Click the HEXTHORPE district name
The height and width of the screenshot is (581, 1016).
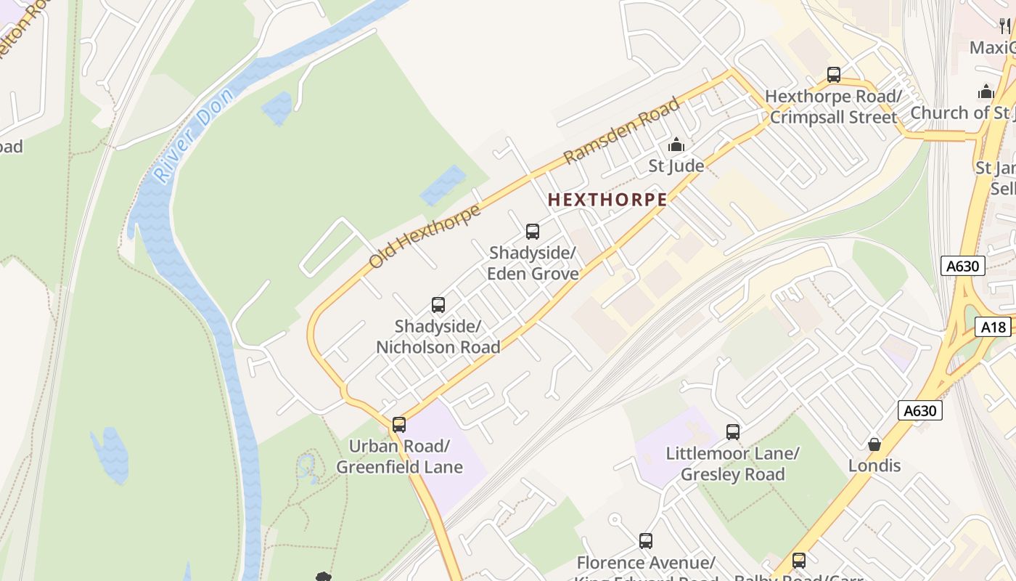click(607, 200)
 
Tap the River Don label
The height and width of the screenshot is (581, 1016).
click(194, 134)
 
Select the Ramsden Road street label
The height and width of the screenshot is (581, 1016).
click(622, 130)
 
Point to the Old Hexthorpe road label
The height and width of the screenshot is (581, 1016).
click(425, 236)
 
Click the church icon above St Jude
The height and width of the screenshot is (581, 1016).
click(676, 145)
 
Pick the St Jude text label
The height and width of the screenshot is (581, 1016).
click(676, 166)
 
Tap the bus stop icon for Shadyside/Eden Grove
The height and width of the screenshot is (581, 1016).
click(533, 232)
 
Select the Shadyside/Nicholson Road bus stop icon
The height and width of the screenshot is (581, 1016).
click(438, 305)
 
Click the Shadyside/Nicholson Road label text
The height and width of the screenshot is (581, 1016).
click(438, 337)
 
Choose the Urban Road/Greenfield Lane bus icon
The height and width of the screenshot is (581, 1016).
click(399, 425)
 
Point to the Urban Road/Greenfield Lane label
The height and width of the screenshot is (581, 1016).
click(399, 456)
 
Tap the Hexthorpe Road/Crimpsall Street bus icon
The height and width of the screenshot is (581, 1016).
click(834, 75)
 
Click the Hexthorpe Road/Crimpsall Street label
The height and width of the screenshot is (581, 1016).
click(833, 107)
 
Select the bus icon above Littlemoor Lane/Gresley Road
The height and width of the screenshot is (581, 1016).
click(733, 432)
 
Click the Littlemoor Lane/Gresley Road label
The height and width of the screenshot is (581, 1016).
click(733, 464)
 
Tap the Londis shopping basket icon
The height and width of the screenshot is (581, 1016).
click(874, 444)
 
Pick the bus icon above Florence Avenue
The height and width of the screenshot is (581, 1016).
click(646, 541)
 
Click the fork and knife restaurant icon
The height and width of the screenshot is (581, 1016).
click(1005, 26)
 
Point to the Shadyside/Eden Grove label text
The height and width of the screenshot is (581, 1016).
click(533, 263)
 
